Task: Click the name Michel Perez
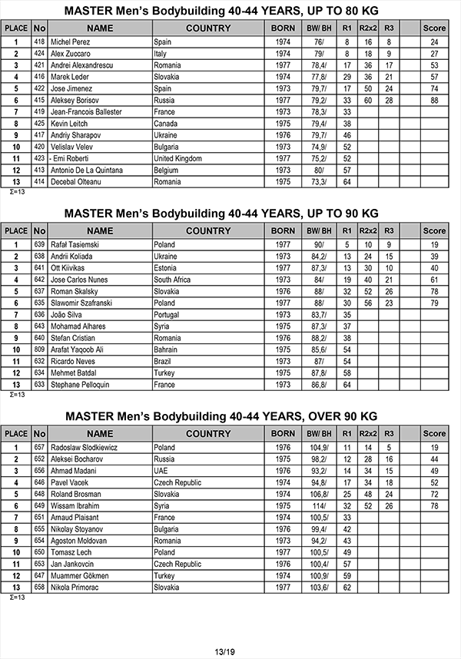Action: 71,41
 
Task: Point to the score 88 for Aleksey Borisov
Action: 434,100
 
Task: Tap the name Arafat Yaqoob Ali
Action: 81,349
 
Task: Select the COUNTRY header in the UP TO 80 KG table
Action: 208,28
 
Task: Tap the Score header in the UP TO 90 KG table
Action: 434,230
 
